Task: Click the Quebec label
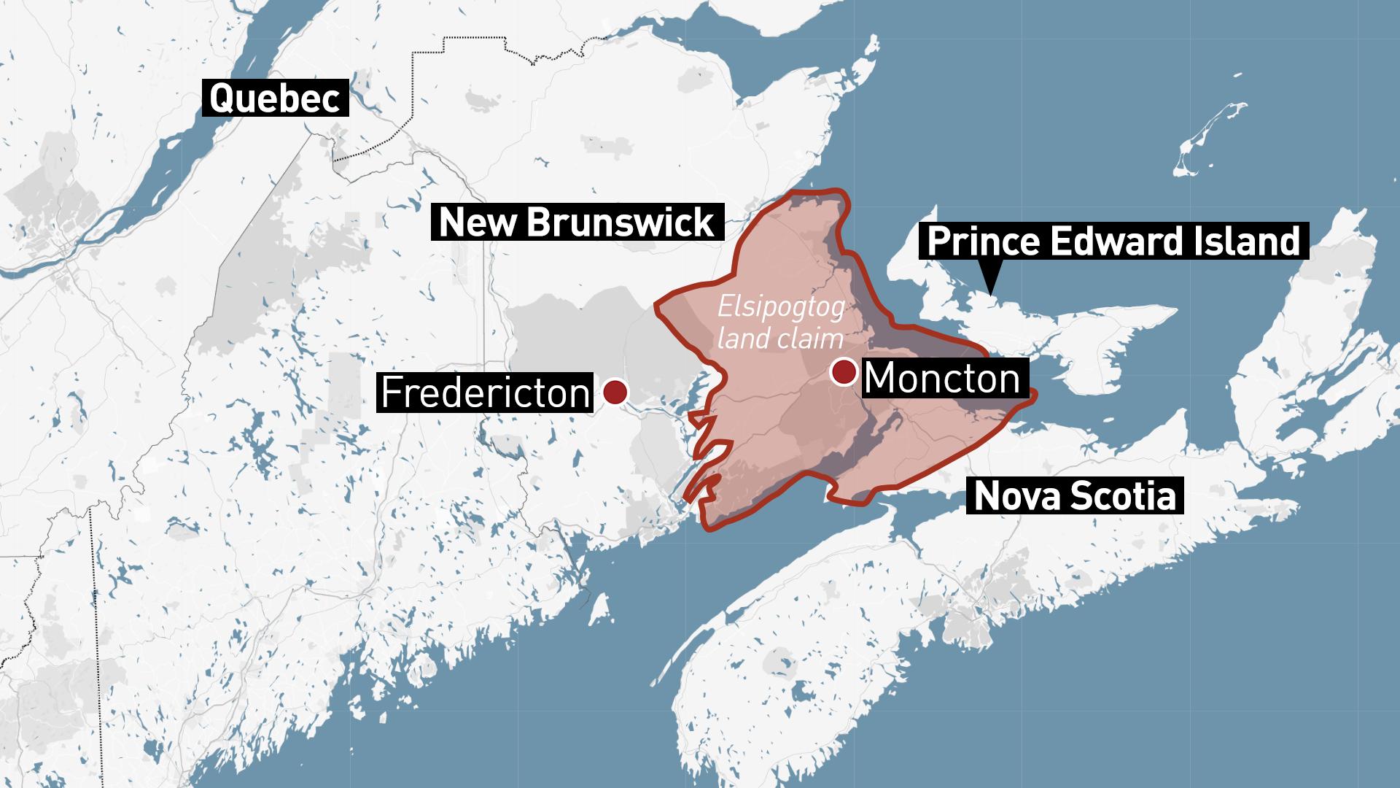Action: pos(276,98)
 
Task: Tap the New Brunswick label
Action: pos(577,223)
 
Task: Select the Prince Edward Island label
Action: pos(1113,242)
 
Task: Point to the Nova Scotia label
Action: pos(1075,496)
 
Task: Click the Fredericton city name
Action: pos(485,393)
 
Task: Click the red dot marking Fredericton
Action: pos(615,392)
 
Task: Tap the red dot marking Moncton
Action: pos(844,372)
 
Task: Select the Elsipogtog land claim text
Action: pos(781,322)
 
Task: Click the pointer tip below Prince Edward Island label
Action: pos(990,290)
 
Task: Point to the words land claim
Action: pos(781,339)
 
